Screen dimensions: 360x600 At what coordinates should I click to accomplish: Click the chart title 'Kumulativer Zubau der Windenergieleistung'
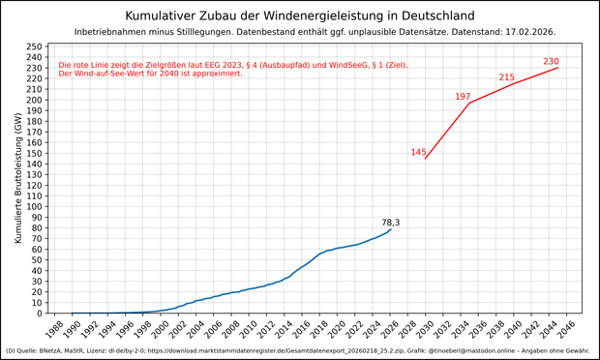pyautogui.click(x=300, y=15)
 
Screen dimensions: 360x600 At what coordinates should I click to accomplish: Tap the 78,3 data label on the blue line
pyautogui.click(x=391, y=223)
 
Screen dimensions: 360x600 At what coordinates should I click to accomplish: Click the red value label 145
pyautogui.click(x=418, y=152)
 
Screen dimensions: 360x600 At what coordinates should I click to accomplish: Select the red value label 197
pyautogui.click(x=463, y=97)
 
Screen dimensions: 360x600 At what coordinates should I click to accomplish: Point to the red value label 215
pyautogui.click(x=507, y=77)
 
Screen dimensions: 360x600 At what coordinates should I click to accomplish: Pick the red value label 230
pyautogui.click(x=551, y=62)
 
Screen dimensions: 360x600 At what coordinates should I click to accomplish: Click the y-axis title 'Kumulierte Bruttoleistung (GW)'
pyautogui.click(x=17, y=178)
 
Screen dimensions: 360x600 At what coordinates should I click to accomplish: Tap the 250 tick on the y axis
pyautogui.click(x=33, y=46)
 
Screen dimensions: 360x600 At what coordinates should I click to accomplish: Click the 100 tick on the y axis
pyautogui.click(x=33, y=207)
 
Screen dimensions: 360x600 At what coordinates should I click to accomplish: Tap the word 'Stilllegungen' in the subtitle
pyautogui.click(x=206, y=32)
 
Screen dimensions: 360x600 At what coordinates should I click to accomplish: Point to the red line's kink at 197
pyautogui.click(x=469, y=103)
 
